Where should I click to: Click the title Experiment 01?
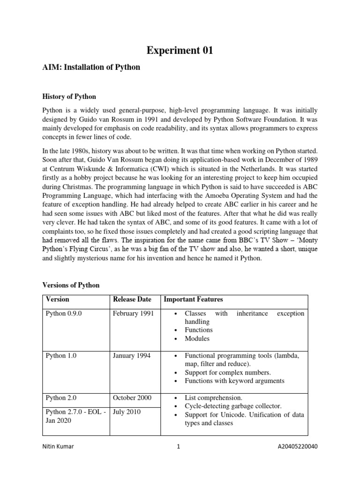click(180, 50)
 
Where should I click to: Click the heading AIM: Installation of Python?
click(92, 67)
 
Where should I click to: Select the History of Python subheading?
click(69, 97)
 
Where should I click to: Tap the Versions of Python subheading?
click(71, 285)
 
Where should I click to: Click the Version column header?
click(57, 299)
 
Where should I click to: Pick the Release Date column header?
click(132, 299)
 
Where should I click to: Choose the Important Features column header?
click(193, 299)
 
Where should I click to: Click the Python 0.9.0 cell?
click(64, 313)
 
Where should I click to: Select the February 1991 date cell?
click(133, 313)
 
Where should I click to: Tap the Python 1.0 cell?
click(61, 356)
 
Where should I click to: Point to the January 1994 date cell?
click(132, 356)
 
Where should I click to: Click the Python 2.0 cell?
click(61, 398)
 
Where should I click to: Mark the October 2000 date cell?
click(132, 398)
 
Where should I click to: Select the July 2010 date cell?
click(127, 412)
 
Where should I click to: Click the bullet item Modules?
click(197, 338)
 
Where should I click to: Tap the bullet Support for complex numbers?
click(228, 373)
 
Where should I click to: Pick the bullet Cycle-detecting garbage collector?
click(233, 406)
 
